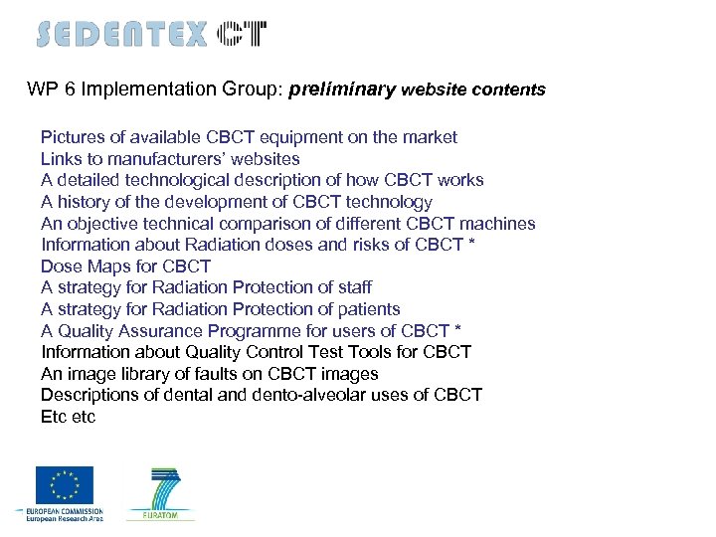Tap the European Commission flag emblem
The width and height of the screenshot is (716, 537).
point(65,485)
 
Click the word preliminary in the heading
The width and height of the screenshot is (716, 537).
point(342,89)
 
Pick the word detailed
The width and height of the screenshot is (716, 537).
point(91,180)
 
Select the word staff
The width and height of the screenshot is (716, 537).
point(353,287)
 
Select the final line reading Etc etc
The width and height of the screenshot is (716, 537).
point(68,417)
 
